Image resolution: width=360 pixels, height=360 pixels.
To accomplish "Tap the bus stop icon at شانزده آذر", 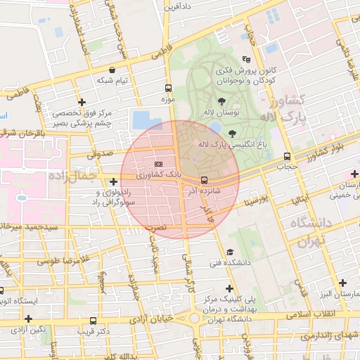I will (x=204, y=180).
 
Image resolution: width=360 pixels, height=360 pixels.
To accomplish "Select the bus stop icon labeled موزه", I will (x=167, y=89).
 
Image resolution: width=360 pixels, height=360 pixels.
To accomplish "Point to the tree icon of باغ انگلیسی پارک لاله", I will (x=232, y=133).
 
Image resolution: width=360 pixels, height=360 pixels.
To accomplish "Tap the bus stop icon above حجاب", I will (x=287, y=157).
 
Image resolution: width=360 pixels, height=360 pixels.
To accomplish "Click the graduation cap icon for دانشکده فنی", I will (x=229, y=252).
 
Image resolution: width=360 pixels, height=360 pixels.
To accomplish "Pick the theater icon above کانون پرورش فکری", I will (x=245, y=60).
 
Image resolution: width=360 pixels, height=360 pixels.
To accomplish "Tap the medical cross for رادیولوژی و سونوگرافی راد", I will (x=114, y=182).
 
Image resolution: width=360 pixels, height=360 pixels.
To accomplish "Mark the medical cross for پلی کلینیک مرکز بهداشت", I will (x=229, y=288).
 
